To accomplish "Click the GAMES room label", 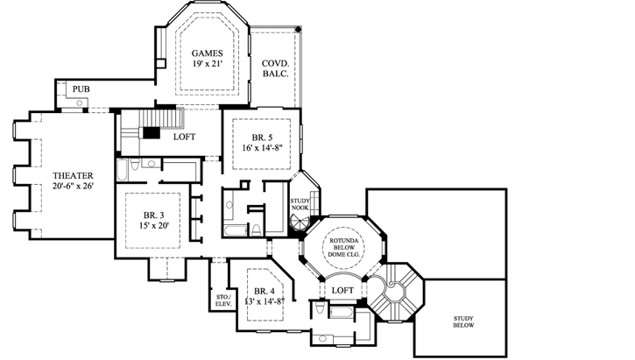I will coord(208,53).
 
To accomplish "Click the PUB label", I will coord(81,90).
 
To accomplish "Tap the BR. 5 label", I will coord(259,138).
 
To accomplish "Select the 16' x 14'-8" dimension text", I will coord(261,148).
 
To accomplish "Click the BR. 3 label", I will coord(155,215).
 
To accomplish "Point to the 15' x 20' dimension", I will coord(155,226).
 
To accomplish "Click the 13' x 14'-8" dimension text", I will coord(262,301).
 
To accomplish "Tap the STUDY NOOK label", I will coord(301,204).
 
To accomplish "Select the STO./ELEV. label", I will coord(222,301).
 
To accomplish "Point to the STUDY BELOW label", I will coord(463,322).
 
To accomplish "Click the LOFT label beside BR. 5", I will coord(183,138).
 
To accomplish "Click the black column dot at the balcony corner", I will coord(299,30).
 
